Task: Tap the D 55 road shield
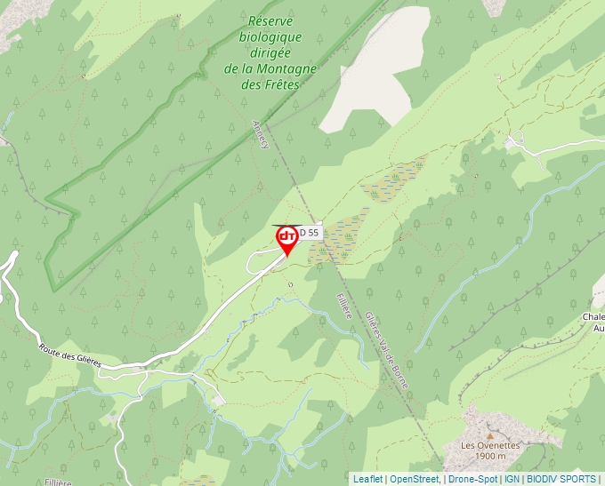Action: (x=309, y=233)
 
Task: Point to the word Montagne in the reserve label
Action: (x=290, y=69)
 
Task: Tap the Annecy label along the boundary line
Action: (x=261, y=134)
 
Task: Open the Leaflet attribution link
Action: (x=367, y=479)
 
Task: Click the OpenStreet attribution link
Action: (x=414, y=479)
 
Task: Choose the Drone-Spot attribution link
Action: (x=472, y=479)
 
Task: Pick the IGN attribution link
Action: (x=512, y=479)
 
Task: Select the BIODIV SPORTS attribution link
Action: (x=561, y=479)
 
